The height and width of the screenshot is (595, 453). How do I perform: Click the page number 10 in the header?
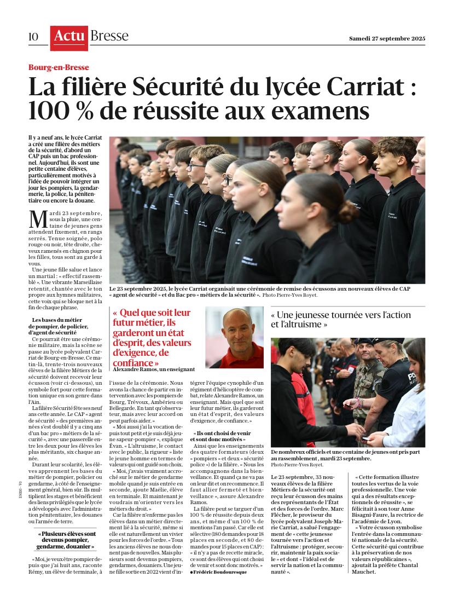point(33,37)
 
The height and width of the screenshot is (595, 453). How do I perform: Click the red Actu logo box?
point(69,37)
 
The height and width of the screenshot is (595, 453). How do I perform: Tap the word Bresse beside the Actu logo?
point(109,37)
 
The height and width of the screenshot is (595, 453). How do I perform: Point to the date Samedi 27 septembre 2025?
point(387,39)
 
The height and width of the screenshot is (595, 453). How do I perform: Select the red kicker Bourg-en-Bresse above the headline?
point(59,68)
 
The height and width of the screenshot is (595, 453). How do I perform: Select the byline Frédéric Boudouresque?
point(219,571)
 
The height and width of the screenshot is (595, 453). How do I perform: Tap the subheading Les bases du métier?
point(57,320)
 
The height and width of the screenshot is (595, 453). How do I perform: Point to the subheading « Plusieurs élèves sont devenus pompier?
point(67,534)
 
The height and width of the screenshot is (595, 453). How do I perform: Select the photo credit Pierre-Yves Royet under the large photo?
point(299,295)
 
